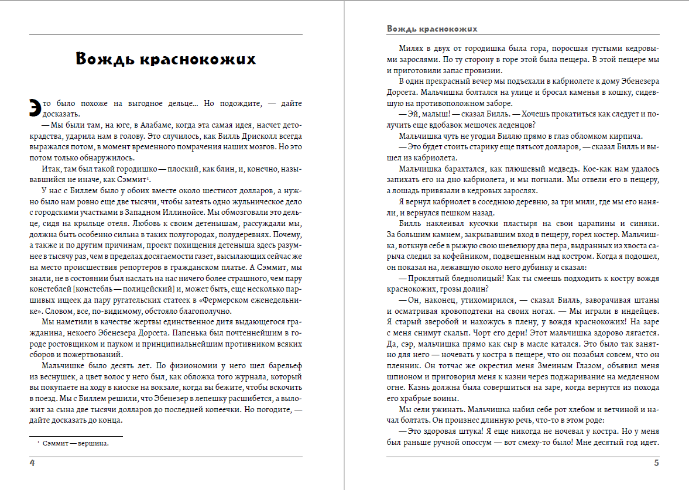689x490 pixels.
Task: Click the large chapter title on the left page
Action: (166, 59)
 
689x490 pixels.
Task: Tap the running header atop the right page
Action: (432, 28)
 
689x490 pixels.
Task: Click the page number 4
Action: (32, 464)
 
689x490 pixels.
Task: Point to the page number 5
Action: (656, 464)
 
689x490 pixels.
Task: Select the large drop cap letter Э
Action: (36, 107)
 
